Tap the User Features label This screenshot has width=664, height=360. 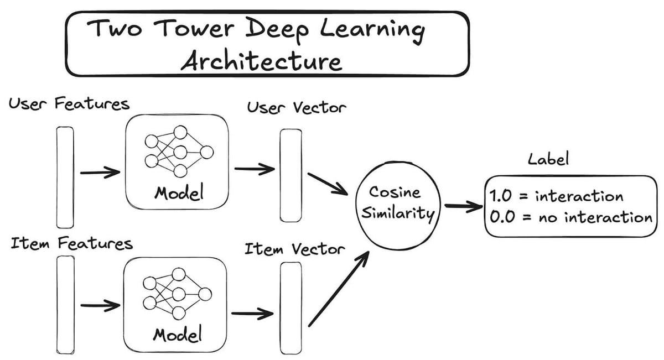[x=69, y=103]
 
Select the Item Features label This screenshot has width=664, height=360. [x=71, y=243]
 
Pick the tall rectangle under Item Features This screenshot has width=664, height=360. [x=65, y=305]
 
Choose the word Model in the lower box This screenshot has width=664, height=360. [x=177, y=334]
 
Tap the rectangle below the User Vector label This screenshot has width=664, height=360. [x=290, y=175]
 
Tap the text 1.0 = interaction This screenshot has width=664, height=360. [x=556, y=196]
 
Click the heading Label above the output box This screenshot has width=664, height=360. [x=548, y=160]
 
